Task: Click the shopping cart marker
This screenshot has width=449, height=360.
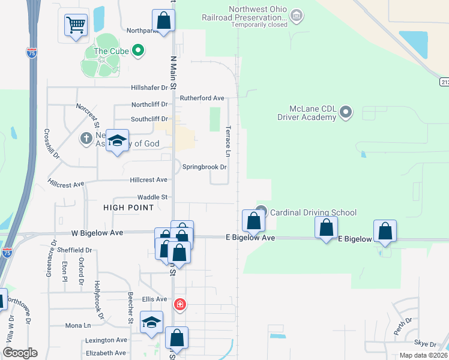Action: click(76, 25)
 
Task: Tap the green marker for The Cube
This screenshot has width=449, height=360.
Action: click(138, 51)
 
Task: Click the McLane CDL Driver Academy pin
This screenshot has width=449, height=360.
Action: click(345, 112)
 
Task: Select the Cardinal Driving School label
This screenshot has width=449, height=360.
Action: click(313, 212)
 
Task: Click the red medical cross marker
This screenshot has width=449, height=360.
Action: click(179, 305)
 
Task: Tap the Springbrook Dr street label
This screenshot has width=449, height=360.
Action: click(205, 167)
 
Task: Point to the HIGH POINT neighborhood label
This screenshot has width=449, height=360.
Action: click(128, 208)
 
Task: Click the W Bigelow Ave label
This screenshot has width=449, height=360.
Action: click(97, 232)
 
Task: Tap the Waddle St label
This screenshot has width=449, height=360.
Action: click(152, 197)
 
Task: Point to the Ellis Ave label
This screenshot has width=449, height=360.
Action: click(154, 299)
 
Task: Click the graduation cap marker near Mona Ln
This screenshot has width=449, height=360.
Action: click(152, 322)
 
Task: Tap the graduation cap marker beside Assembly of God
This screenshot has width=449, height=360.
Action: click(118, 141)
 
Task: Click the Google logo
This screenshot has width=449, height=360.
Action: click(20, 352)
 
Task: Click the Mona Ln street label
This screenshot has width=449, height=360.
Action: click(79, 325)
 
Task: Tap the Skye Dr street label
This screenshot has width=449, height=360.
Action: click(425, 344)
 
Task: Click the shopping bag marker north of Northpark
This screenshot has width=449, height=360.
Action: click(163, 20)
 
